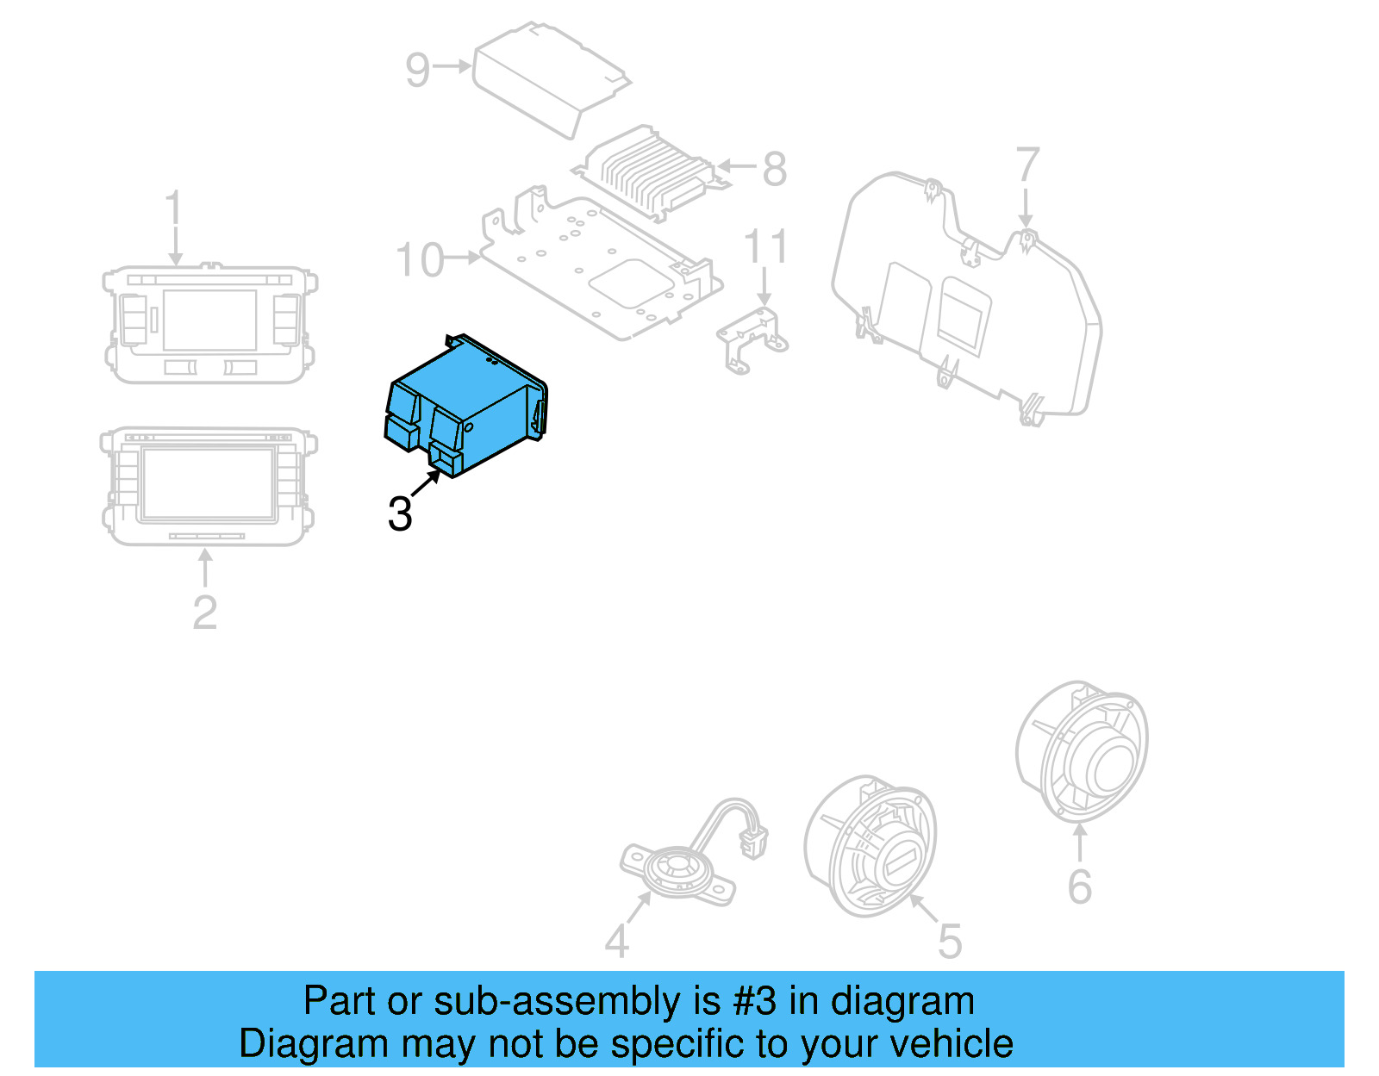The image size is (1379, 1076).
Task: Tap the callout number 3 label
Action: [400, 514]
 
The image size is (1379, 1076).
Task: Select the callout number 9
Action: [417, 69]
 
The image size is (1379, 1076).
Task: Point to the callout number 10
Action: [419, 259]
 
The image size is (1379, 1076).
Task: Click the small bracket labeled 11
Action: [752, 338]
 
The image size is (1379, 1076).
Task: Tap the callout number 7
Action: [1027, 165]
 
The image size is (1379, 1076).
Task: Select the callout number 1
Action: [174, 210]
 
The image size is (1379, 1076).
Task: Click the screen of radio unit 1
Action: [209, 320]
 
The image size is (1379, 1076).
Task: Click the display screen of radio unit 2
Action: [208, 483]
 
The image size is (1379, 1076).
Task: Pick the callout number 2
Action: [204, 613]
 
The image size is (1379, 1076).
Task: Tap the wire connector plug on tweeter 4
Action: [754, 840]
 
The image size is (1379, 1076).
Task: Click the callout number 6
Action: [1079, 886]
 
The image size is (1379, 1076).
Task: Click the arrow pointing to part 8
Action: [737, 166]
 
